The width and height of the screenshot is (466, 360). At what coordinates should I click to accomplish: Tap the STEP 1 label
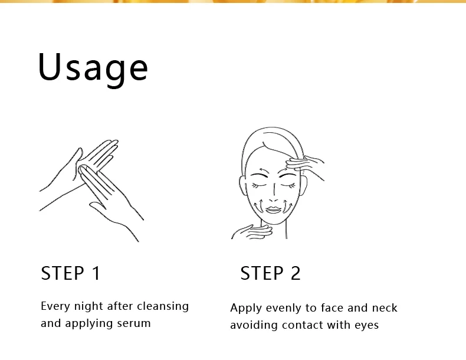(71, 273)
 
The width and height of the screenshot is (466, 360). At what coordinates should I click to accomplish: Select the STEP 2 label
(270, 273)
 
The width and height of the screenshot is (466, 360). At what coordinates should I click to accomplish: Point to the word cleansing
(163, 306)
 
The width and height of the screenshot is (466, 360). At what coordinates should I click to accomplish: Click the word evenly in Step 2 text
(284, 309)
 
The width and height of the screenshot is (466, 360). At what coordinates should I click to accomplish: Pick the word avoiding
(254, 325)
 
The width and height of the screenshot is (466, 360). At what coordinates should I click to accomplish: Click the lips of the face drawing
(274, 210)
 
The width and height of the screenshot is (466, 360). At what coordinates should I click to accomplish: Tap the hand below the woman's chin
(252, 231)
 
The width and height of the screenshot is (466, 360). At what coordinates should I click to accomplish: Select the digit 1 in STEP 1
(97, 273)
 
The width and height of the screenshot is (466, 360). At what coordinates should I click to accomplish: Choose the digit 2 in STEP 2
(296, 273)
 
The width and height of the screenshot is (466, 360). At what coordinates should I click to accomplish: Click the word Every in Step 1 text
(55, 306)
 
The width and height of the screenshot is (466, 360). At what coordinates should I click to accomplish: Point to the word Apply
(246, 309)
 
